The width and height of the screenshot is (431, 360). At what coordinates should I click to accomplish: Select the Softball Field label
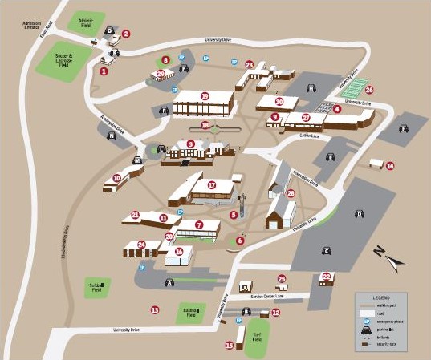(x=96, y=286)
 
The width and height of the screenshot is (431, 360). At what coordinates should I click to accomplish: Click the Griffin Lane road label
(x=310, y=135)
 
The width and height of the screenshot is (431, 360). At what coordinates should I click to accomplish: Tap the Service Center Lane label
(x=267, y=297)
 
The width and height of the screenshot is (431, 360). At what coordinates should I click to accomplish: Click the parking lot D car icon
(x=360, y=213)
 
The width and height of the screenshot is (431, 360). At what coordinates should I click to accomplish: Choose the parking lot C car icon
(x=327, y=251)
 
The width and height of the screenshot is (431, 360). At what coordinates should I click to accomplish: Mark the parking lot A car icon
(x=169, y=283)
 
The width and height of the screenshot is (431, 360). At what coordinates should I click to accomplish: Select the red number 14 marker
(x=390, y=166)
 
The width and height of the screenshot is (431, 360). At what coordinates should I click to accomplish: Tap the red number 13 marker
(x=155, y=309)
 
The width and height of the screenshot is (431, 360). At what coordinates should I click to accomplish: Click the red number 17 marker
(x=212, y=184)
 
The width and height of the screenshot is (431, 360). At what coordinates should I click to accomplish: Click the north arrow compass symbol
(x=389, y=258)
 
